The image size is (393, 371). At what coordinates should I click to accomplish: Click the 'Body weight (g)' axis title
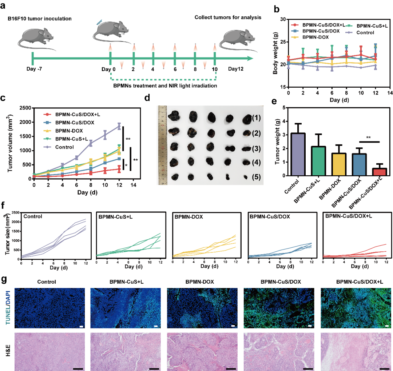(276, 52)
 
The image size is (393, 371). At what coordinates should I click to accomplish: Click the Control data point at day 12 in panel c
(119, 126)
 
